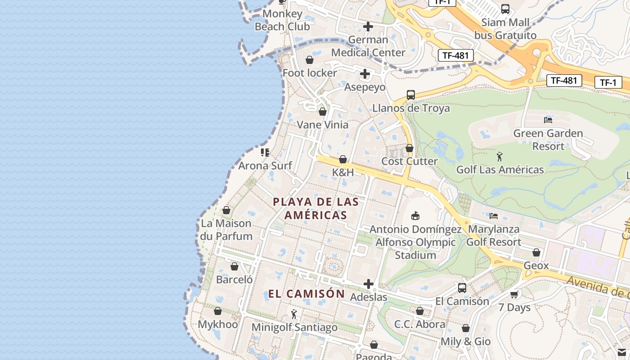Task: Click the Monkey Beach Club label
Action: (x=282, y=20)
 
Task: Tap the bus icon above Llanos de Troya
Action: (x=410, y=95)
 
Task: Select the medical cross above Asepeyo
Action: (x=365, y=74)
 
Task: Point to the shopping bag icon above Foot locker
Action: (x=310, y=60)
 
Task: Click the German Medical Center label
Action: (x=368, y=46)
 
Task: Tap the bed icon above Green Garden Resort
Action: (x=548, y=120)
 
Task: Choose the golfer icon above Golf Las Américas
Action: (x=499, y=157)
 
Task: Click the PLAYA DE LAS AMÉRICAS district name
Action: (x=315, y=208)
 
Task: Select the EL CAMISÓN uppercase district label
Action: (x=306, y=294)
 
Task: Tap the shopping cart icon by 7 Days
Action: (x=514, y=294)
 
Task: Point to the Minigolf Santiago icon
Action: (x=294, y=314)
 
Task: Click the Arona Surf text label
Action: (x=265, y=166)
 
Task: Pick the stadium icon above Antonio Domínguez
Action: (x=415, y=216)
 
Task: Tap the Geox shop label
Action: (x=536, y=265)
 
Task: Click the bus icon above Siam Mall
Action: (x=505, y=9)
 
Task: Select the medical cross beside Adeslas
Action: (x=369, y=284)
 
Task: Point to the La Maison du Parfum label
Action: (x=226, y=229)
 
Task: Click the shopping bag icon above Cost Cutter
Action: (x=409, y=148)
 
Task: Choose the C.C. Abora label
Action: (x=420, y=324)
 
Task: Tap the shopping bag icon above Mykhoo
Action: (x=218, y=311)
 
